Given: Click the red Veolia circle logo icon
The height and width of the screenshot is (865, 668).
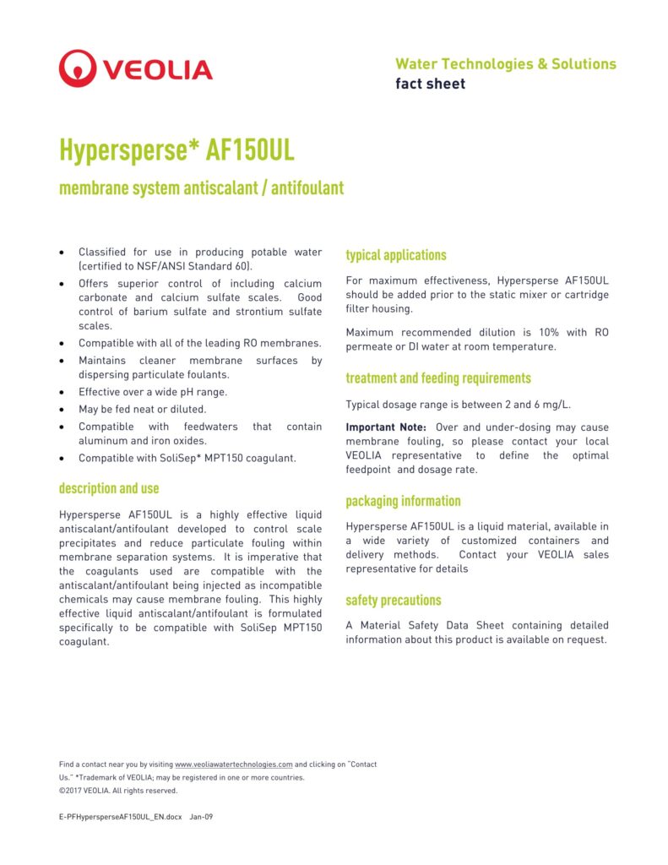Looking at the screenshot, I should tap(77, 68).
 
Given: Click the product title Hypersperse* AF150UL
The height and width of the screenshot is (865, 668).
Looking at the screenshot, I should tap(177, 150).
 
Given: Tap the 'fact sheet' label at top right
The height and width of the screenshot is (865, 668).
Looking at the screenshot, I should tap(430, 84).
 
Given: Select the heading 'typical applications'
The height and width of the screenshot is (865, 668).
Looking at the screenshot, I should tap(395, 255).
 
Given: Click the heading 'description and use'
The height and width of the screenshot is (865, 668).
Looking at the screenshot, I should tap(109, 488).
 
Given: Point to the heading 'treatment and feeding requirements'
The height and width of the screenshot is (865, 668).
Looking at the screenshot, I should tap(438, 378).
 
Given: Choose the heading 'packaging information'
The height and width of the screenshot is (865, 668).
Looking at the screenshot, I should tap(403, 501).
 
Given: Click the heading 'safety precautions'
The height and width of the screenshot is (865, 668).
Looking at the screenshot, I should tap(393, 600).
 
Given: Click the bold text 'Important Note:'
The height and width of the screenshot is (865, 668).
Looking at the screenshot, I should tap(386, 427).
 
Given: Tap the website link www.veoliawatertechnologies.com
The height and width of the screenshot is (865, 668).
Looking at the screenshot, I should tap(234, 764).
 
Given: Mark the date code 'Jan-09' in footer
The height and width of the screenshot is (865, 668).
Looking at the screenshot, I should tap(201, 817).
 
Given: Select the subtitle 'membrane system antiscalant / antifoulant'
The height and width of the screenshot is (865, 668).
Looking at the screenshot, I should tap(201, 188).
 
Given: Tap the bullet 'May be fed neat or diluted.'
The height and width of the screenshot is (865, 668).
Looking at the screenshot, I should tap(142, 409).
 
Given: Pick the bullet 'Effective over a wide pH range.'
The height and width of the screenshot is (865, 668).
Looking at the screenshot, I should tap(153, 392).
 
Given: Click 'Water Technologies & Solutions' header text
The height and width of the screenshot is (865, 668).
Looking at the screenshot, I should tap(505, 64).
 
